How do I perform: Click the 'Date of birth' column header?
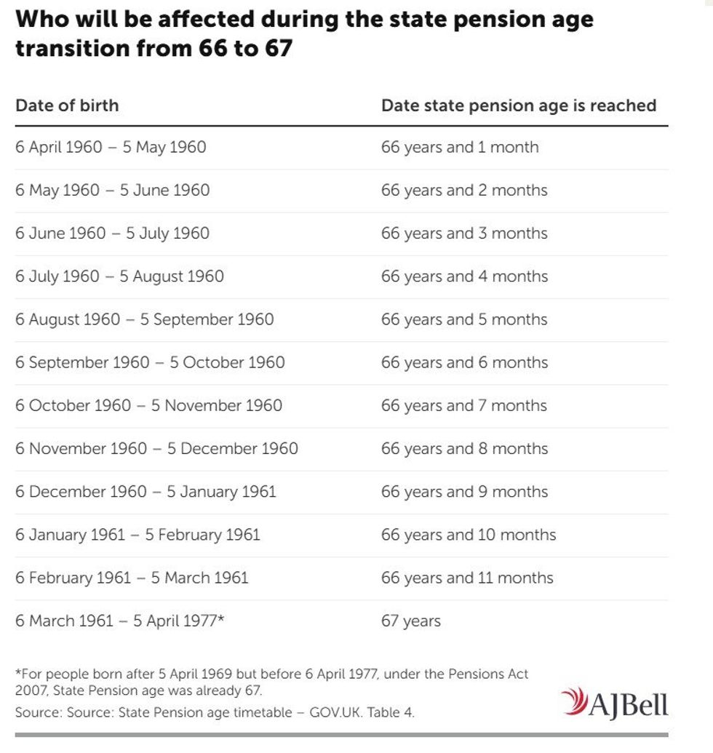tap(67, 105)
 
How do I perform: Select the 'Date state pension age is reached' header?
tap(518, 105)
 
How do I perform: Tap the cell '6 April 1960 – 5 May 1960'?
tap(111, 147)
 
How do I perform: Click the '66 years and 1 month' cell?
tap(460, 147)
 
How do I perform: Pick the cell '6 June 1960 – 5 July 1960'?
tap(112, 234)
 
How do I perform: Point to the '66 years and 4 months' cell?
tap(464, 276)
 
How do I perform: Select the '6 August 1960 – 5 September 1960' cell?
tap(145, 319)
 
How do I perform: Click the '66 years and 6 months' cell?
tap(464, 362)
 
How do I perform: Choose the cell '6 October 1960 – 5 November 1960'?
tap(148, 405)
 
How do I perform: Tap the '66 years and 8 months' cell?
tap(464, 448)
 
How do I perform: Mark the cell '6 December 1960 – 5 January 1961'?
tap(146, 492)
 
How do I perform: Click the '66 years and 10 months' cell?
tap(468, 535)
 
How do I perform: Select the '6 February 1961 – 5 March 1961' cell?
tap(132, 578)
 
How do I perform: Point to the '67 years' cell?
tap(410, 621)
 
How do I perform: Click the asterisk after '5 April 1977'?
tap(221, 618)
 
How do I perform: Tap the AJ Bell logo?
tap(614, 704)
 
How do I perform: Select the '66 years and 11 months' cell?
tap(467, 578)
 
